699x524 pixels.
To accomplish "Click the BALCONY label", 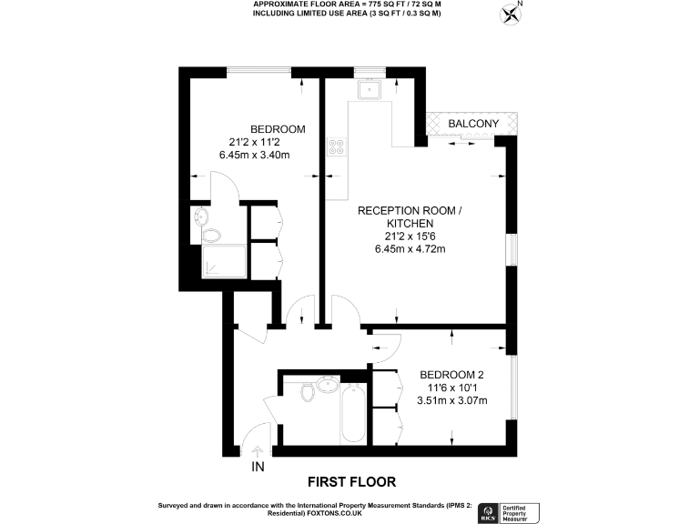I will click(x=472, y=123).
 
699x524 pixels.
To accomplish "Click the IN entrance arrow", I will click(x=258, y=451).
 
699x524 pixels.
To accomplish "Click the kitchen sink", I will click(x=371, y=89).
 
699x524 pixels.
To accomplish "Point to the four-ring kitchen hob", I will click(x=337, y=146).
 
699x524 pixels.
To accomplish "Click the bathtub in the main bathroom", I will click(x=352, y=414).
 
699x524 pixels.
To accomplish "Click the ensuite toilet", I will click(x=210, y=236).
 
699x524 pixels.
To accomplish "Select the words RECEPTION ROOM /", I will click(x=410, y=210).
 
